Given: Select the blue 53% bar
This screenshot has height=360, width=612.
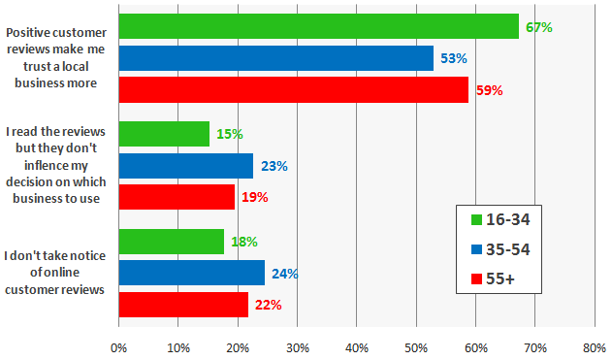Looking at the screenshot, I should [x=276, y=59].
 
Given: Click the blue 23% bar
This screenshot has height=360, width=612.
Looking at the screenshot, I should [x=185, y=166].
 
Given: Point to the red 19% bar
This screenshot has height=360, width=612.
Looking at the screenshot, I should [x=176, y=197].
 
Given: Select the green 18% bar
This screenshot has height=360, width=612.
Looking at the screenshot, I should [x=171, y=242].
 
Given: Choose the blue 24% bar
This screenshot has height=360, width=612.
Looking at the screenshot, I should [x=191, y=274].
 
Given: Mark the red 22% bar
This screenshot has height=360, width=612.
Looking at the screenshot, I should [x=183, y=305].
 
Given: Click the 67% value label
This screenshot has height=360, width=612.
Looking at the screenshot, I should [x=538, y=28].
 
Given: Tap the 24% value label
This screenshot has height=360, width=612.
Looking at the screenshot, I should [x=285, y=274].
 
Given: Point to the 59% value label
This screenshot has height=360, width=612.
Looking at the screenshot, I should [x=489, y=91].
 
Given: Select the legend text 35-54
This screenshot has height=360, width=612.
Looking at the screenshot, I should [x=508, y=249].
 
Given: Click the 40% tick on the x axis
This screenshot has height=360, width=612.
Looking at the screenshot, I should [x=357, y=345].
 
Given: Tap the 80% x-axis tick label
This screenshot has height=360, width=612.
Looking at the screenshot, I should [x=595, y=345].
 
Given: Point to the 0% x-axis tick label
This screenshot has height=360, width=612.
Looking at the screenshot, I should [x=119, y=345].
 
